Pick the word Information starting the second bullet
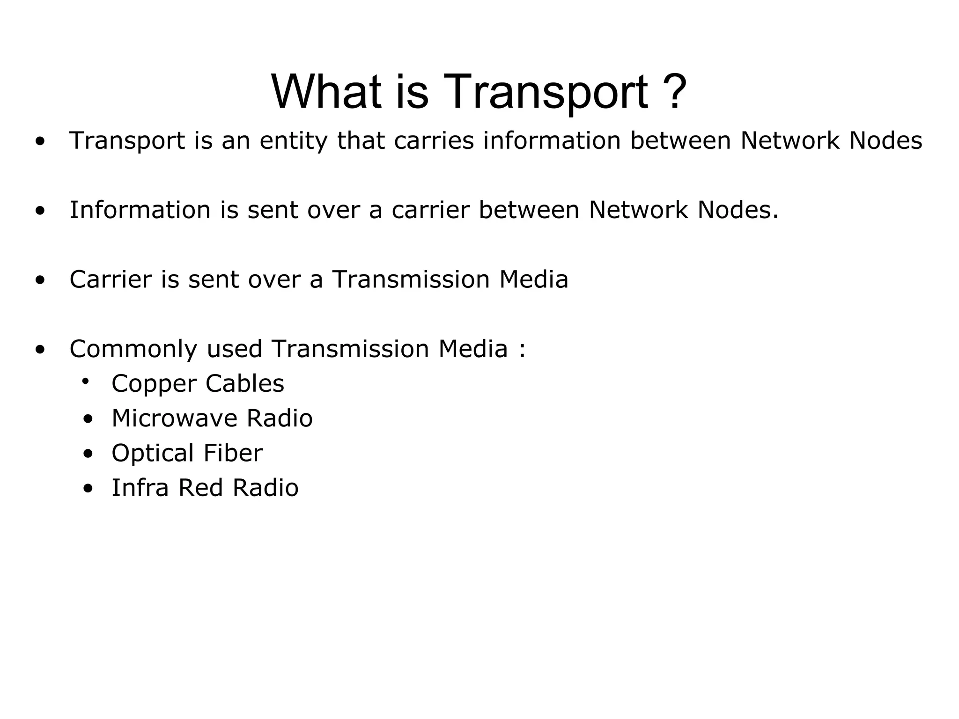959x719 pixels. (140, 210)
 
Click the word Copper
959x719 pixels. (154, 384)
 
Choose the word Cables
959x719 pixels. (244, 383)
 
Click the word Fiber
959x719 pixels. (233, 453)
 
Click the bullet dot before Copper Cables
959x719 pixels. (85, 382)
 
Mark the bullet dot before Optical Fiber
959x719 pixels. (88, 454)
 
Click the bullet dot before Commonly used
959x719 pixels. (40, 349)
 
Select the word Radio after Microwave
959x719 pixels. (279, 418)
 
